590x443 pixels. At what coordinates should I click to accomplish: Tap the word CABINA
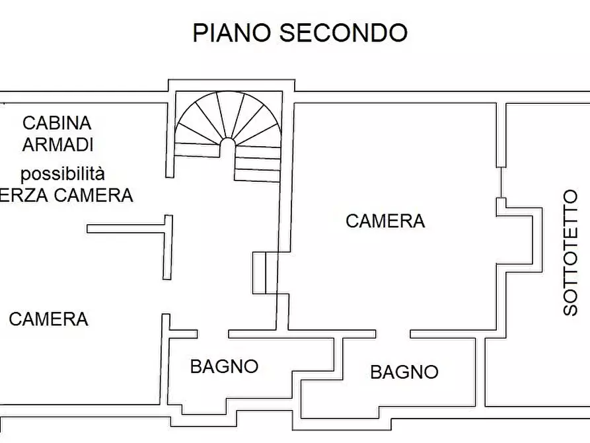57,123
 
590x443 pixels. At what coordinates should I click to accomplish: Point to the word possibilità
62,174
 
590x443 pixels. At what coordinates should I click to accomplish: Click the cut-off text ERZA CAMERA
66,195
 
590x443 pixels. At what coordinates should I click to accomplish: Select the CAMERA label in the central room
385,221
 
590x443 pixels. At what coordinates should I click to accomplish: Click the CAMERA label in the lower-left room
48,319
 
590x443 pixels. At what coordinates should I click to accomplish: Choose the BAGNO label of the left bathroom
224,366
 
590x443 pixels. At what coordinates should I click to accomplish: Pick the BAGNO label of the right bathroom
404,372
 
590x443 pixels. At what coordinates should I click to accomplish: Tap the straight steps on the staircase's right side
258,163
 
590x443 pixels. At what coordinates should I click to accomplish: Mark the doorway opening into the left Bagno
212,333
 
